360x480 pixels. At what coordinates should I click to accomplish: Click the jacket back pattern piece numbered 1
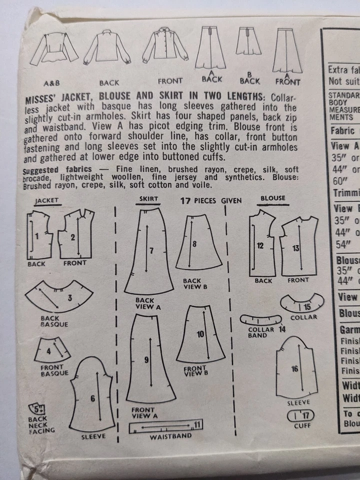(x=39, y=234)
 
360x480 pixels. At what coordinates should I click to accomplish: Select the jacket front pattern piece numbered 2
(x=74, y=235)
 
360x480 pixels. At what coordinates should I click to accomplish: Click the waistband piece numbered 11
(x=164, y=427)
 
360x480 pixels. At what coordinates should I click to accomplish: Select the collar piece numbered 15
(x=302, y=303)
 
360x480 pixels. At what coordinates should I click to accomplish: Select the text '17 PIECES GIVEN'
(x=210, y=200)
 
